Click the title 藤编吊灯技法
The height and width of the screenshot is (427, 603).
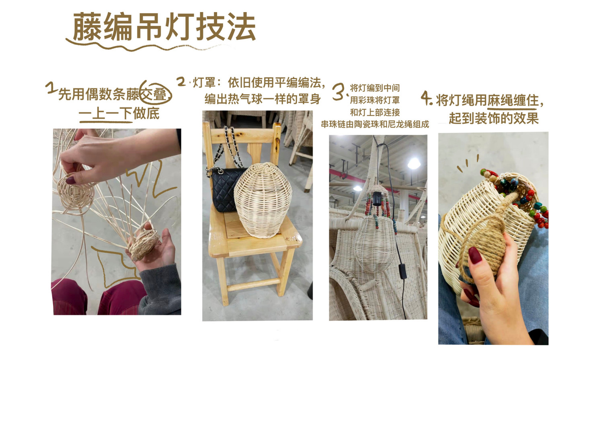coord(164,27)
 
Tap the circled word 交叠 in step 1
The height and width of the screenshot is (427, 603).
coord(155,94)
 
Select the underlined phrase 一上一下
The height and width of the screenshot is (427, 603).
coord(105,113)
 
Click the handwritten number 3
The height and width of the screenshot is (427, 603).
coord(339,92)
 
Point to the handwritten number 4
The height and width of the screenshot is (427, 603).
coord(427,98)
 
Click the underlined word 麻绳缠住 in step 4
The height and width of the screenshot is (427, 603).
coord(513,101)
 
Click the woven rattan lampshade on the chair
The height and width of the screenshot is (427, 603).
coord(263,200)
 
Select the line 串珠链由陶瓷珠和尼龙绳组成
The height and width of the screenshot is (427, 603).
coord(375,124)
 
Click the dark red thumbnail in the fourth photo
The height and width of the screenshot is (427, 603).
coord(475,255)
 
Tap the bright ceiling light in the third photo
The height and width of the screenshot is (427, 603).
coord(414,163)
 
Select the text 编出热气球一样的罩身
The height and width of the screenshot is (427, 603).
coord(263,99)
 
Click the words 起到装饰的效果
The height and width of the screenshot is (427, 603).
coord(494,118)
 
